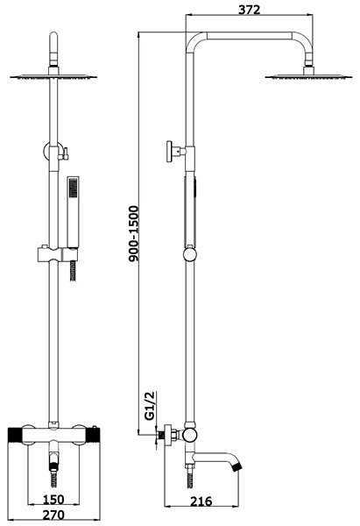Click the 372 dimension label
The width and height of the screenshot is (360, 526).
pos(249,10)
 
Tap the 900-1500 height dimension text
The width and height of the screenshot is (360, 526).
pos(134,233)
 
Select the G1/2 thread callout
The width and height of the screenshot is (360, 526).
pos(151,406)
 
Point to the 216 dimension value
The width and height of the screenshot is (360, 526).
pos(201,501)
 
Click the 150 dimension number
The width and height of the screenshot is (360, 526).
pos(53,499)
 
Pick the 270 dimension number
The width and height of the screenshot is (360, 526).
pos(53,515)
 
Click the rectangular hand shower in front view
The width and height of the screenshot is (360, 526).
pos(73,213)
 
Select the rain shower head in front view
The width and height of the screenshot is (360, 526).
pos(53,77)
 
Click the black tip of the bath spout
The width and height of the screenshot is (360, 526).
pos(237,466)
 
